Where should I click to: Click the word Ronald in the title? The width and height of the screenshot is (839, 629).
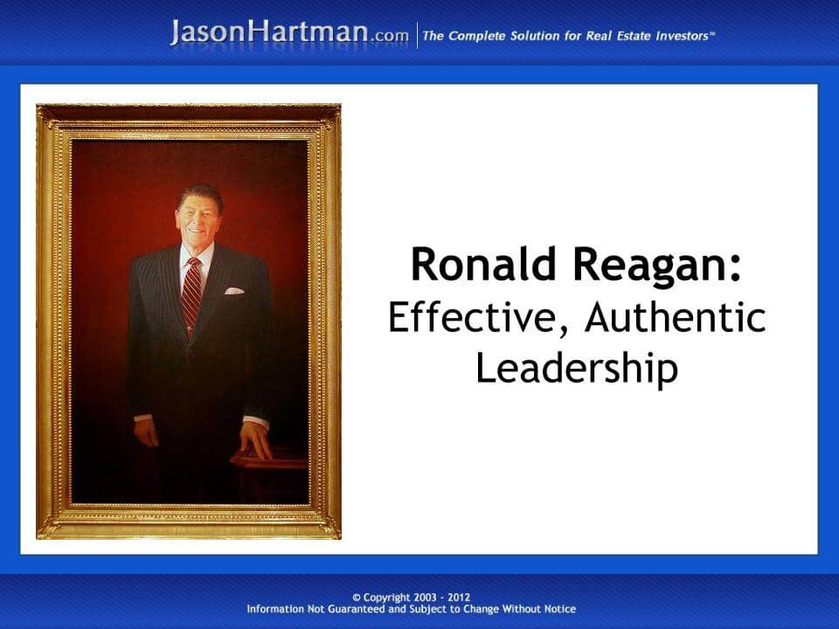tap(473, 265)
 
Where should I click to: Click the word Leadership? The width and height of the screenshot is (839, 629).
tap(577, 368)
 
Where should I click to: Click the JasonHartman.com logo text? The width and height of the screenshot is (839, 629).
tap(289, 34)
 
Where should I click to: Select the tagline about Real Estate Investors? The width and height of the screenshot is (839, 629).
tap(568, 36)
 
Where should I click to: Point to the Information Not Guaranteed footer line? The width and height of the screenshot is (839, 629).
tap(411, 609)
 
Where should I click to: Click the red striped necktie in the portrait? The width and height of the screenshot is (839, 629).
tap(191, 294)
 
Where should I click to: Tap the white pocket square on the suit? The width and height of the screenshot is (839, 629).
tap(234, 290)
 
